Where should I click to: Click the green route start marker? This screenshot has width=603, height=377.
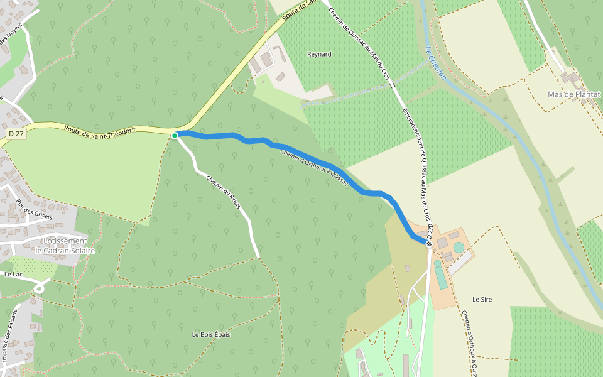click(175, 135)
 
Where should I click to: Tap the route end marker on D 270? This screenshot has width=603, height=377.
click(429, 243)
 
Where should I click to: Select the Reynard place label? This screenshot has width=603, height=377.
click(319, 54)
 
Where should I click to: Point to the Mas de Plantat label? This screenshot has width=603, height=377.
click(574, 94)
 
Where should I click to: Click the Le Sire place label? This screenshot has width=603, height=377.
click(482, 300)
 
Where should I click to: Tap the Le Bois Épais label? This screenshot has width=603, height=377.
click(211, 334)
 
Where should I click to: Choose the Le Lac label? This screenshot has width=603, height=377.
click(13, 275)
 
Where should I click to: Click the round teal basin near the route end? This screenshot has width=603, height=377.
click(459, 248)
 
